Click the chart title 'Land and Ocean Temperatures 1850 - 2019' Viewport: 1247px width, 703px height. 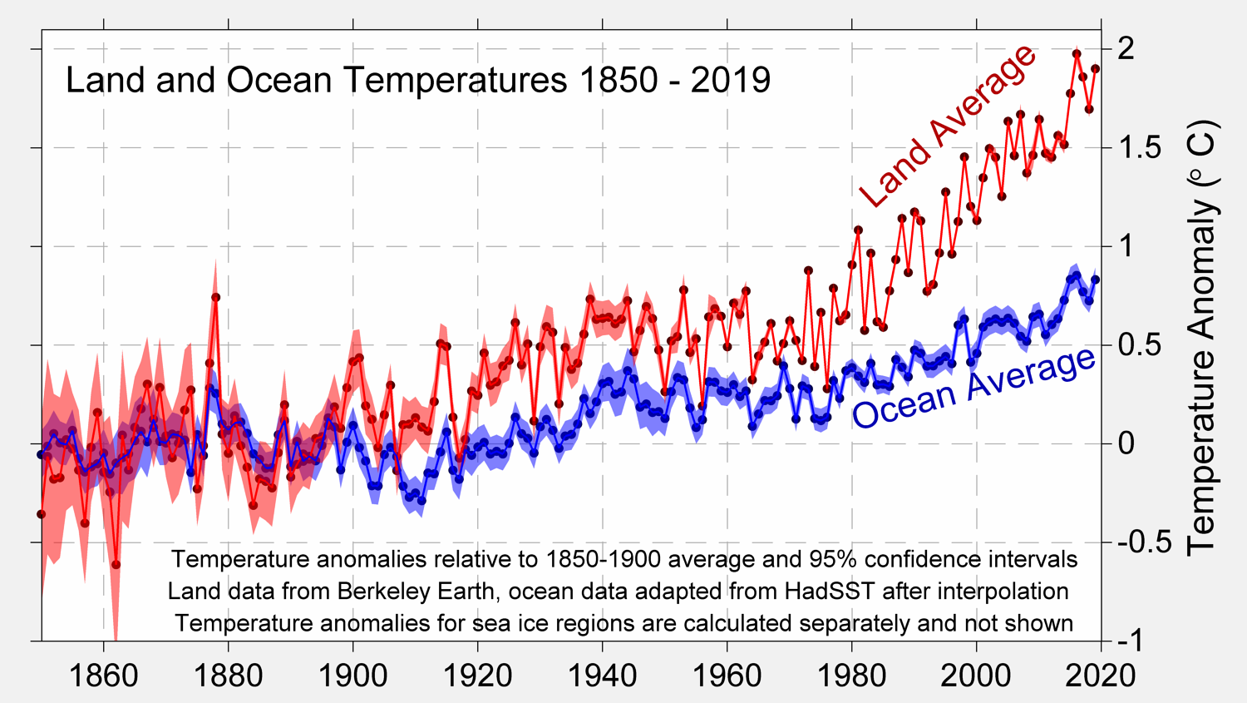point(418,81)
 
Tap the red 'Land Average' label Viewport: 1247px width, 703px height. point(949,126)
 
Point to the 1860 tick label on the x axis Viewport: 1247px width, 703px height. point(103,675)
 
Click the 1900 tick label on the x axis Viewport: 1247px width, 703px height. point(352,675)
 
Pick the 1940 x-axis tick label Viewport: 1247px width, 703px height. point(602,675)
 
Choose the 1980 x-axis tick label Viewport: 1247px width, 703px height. point(851,675)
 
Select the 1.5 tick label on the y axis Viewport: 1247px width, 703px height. point(1138,148)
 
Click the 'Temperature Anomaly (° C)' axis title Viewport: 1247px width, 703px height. point(1202,337)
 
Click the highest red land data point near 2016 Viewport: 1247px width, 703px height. point(1077,54)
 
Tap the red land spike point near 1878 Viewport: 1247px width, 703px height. point(215,297)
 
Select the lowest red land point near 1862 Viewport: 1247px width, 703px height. point(116,565)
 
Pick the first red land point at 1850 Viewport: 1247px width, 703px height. point(42,514)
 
